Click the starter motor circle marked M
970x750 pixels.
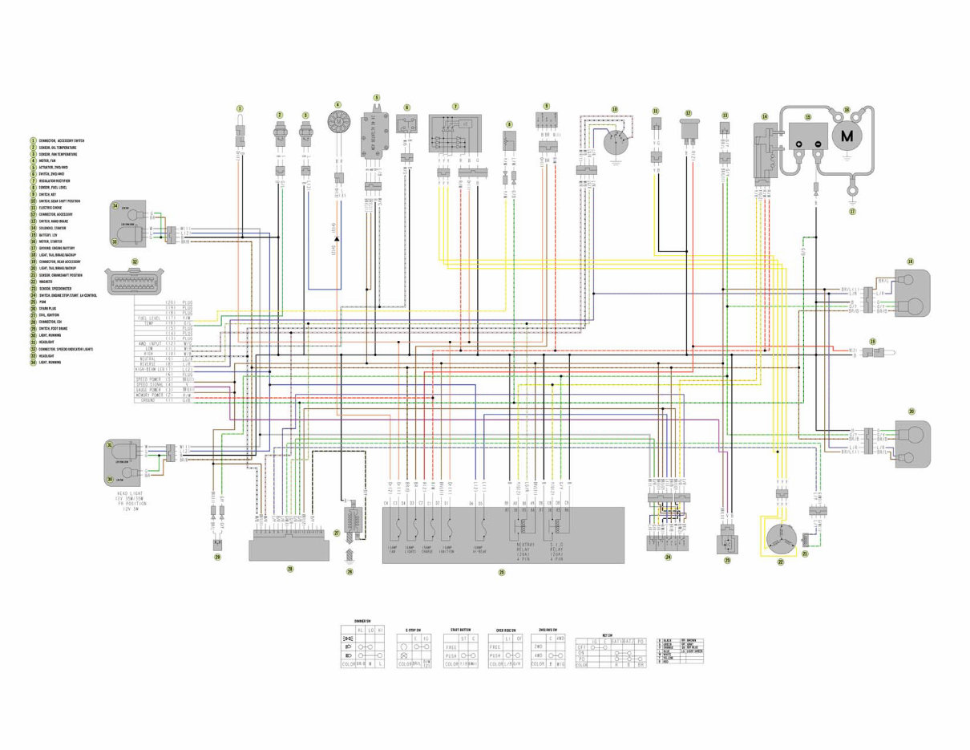pos(847,136)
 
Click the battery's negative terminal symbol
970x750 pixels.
pos(818,144)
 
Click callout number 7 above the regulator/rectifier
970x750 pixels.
pos(455,106)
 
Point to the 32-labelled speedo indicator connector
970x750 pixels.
pos(135,280)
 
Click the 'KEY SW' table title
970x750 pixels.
pos(611,634)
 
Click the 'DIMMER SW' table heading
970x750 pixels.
pos(361,622)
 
